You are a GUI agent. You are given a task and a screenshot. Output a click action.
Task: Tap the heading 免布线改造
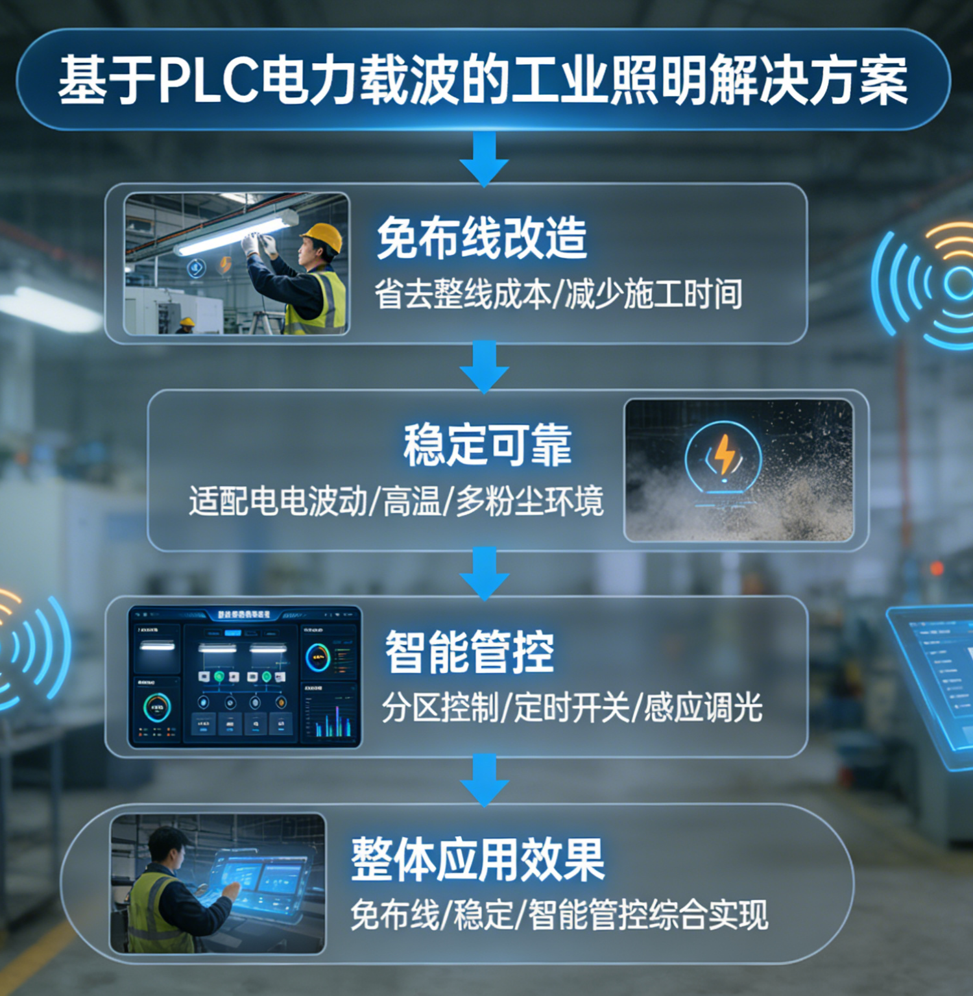tap(481, 238)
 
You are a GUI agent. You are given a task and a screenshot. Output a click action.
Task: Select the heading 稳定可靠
tap(486, 445)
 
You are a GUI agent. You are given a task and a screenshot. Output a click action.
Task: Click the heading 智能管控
tap(470, 651)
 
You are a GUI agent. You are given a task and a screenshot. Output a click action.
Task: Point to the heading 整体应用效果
tap(478, 859)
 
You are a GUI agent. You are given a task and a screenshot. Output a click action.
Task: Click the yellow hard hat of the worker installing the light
tap(322, 237)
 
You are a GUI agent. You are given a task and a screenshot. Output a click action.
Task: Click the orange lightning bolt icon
tap(725, 454)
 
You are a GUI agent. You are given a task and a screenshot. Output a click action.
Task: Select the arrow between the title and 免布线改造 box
tap(484, 159)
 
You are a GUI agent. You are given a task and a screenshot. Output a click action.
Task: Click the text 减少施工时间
tap(654, 295)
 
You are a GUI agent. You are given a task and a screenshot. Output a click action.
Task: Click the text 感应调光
tap(703, 707)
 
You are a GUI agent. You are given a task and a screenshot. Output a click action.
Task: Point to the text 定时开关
tap(572, 707)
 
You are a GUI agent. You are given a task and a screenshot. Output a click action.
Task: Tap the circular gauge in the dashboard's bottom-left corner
tap(157, 708)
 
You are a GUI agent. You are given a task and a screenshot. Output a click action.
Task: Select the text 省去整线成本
tap(462, 295)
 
